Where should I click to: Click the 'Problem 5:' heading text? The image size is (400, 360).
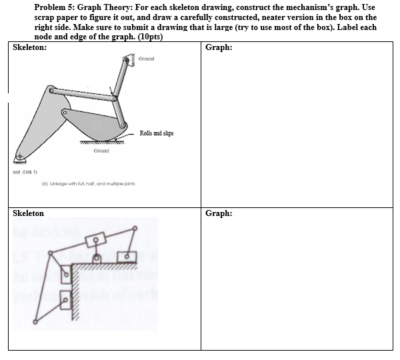pyautogui.click(x=54, y=7)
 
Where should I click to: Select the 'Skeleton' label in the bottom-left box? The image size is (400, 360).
pyautogui.click(x=29, y=213)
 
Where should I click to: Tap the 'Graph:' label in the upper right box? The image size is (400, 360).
pyautogui.click(x=219, y=48)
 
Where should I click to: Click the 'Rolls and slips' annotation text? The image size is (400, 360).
pyautogui.click(x=157, y=133)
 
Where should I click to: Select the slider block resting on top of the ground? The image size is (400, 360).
pyautogui.click(x=126, y=256)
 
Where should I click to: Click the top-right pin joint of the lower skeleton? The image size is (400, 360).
pyautogui.click(x=138, y=225)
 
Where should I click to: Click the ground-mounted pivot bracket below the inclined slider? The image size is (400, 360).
pyautogui.click(x=97, y=258)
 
